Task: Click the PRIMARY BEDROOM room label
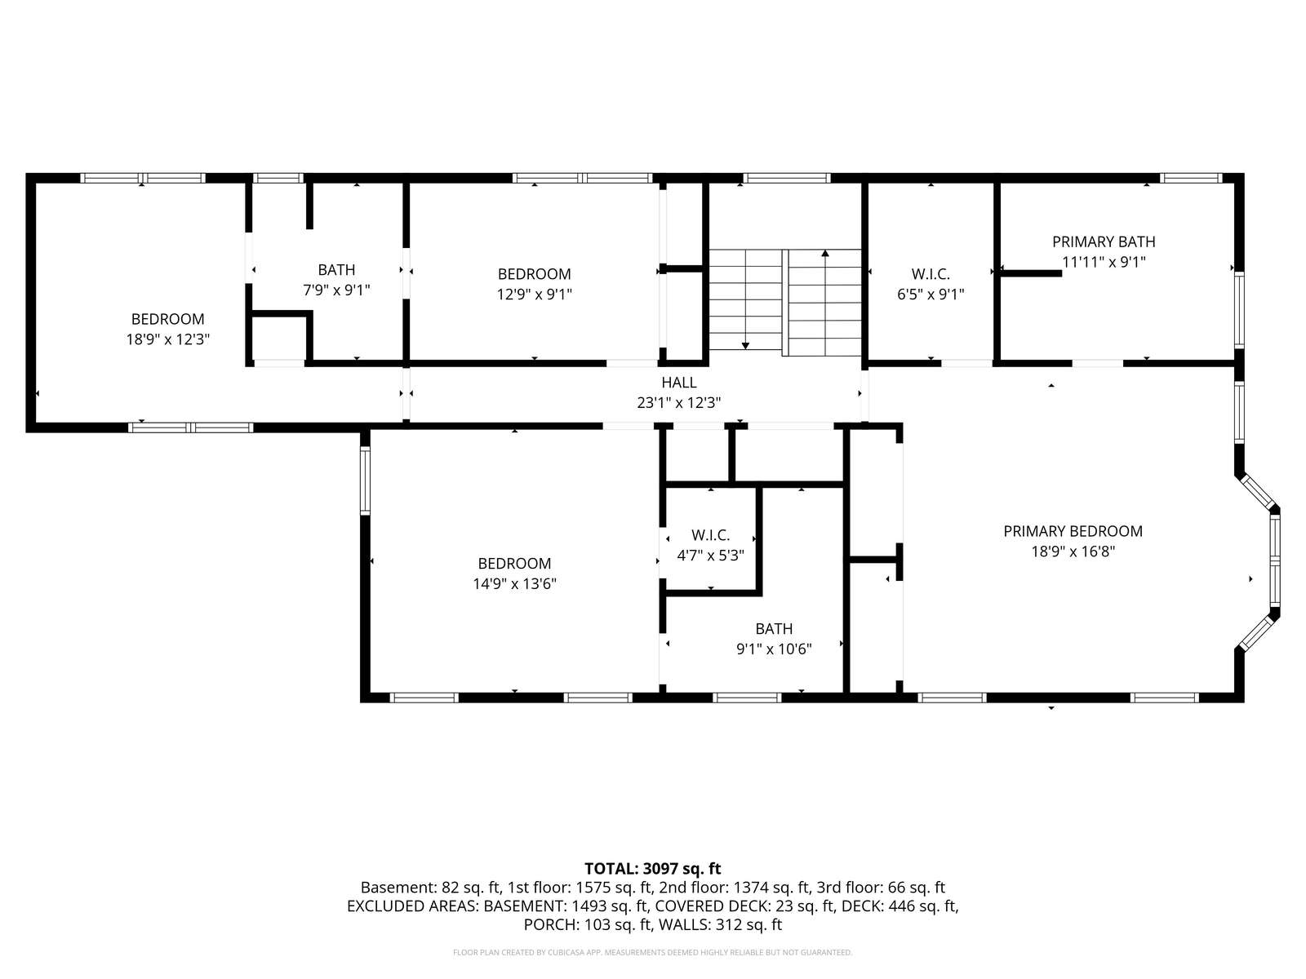coord(1073,531)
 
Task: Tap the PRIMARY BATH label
coord(1104,242)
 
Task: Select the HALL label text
coord(679,382)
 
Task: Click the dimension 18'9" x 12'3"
coord(168,339)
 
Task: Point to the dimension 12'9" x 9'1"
coord(535,295)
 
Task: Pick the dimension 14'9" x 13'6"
coord(515,583)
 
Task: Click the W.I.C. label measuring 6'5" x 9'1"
coord(931,274)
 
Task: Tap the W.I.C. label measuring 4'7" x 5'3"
coord(710,535)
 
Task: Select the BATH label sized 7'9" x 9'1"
coord(336,270)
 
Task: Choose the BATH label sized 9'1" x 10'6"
coord(774,628)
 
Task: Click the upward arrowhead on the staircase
coord(825,253)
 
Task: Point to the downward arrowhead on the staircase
coord(745,346)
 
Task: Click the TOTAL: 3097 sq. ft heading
coord(653,869)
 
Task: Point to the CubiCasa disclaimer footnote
coord(653,952)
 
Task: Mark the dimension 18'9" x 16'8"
coord(1073,552)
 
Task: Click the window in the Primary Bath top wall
coord(1191,178)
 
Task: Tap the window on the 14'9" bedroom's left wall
coord(366,481)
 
